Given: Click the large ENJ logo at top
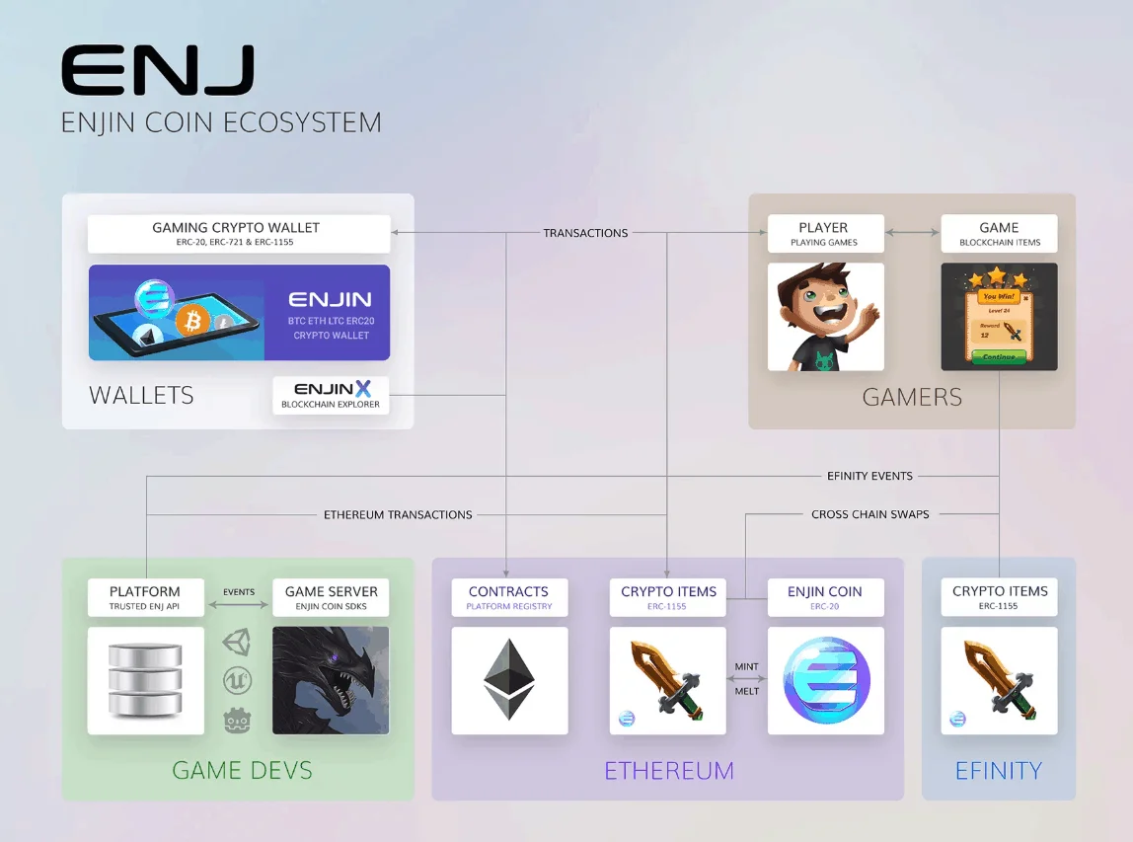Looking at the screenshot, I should point(158,71).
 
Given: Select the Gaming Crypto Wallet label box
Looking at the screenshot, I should point(236,234).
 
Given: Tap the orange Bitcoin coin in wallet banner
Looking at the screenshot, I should point(193,320).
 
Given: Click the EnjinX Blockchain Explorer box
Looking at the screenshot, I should point(331,395).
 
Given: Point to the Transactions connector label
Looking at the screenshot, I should point(585,234).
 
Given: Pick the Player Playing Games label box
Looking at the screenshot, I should point(824,234).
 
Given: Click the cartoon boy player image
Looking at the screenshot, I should point(824,317).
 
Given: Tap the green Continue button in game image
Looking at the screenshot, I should point(998,356).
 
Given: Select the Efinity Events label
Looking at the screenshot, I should point(869,476).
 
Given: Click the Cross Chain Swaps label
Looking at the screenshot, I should point(869,514).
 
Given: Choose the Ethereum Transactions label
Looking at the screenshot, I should point(398,514).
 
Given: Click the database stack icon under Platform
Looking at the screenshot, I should point(146,680).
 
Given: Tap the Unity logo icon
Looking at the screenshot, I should point(237,643).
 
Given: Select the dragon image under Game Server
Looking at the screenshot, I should point(331,680).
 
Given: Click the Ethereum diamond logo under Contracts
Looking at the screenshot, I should point(509,680).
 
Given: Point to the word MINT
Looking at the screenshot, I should point(746,667).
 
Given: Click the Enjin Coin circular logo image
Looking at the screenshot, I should point(826,680).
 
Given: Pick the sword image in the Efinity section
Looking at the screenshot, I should point(999,680).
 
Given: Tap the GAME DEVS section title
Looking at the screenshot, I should point(242,770).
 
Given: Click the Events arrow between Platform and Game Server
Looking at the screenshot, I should point(238,605).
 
